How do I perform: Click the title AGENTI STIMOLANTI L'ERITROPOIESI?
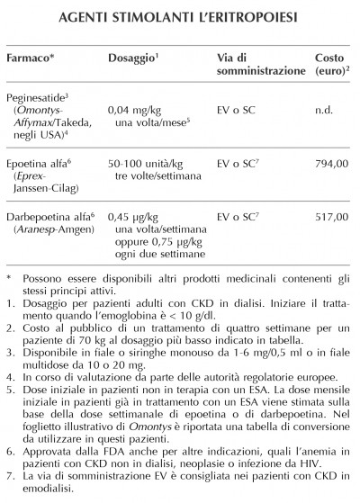tap(180, 18)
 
